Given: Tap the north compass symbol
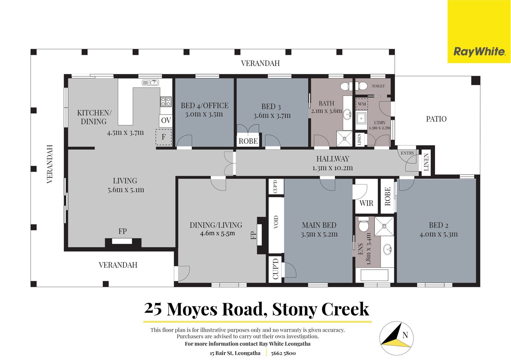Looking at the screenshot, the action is coord(396,338).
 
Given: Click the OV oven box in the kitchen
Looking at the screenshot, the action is coord(166,120).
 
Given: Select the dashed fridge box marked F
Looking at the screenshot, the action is coord(164,137).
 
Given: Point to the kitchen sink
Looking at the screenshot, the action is coord(150,83).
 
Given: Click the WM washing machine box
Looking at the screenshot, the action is coord(362,104).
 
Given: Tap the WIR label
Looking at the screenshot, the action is coord(366,203).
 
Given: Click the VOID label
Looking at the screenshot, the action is coord(276,222).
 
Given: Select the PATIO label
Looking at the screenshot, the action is coord(436,119).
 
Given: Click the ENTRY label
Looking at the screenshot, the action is coord(407,153).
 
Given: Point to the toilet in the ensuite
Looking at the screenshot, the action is coord(364,224).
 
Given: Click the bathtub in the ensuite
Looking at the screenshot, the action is coord(374,275).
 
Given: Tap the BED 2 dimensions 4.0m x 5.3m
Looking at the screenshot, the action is coord(438,234).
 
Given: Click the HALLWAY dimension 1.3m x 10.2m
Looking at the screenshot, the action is coord(332,168).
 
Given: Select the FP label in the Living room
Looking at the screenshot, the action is coord(123,231).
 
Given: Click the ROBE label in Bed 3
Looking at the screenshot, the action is coord(248,141).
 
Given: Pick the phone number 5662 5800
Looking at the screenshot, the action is coord(283,353).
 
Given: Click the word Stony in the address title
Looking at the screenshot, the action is coord(295,309).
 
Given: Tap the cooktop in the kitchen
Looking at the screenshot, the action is coord(166,102).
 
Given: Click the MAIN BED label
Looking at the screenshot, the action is coord(319,225).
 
